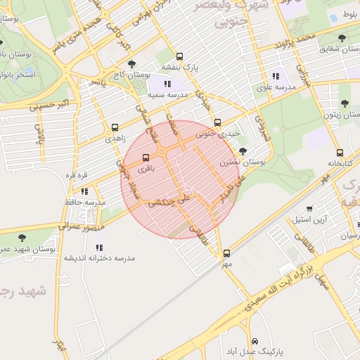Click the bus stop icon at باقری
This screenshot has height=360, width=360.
146,157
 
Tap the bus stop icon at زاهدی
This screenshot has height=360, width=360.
115,128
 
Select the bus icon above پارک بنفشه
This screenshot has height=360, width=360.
179,56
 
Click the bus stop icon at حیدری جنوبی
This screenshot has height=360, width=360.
217,122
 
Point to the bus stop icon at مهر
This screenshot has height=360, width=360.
226,254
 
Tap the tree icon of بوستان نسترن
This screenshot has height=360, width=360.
243,151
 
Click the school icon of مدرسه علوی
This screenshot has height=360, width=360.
276,76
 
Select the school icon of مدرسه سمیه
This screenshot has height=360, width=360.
167,84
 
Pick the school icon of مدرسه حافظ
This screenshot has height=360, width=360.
84,191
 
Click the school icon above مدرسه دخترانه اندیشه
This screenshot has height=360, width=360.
99,247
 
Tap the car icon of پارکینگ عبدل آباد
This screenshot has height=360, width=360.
253,340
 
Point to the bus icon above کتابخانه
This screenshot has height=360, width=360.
340,153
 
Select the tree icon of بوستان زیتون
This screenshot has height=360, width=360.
345,103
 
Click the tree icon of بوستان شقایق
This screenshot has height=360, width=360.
342,39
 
